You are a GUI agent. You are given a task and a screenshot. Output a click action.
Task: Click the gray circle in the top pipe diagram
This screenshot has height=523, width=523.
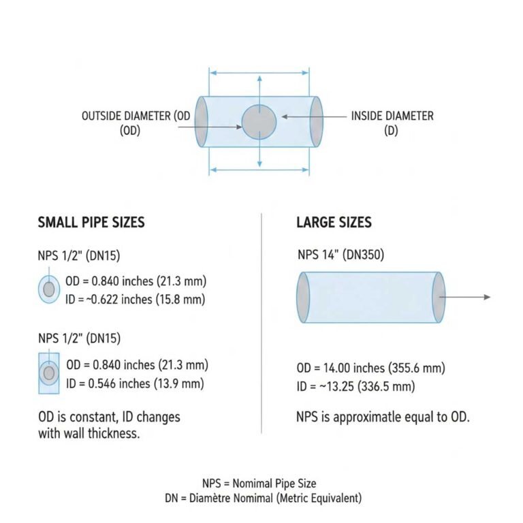pyautogui.click(x=259, y=123)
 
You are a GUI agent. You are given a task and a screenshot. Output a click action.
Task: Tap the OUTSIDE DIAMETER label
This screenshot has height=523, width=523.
pyautogui.click(x=136, y=116)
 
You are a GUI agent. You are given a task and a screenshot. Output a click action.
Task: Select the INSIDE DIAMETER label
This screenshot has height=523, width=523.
pyautogui.click(x=392, y=116)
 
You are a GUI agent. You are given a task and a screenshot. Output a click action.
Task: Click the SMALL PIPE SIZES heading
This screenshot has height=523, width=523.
pyautogui.click(x=91, y=223)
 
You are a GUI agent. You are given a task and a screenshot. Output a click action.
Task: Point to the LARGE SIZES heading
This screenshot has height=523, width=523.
pyautogui.click(x=334, y=223)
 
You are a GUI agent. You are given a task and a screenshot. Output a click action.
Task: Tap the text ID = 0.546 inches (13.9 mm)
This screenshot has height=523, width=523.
pyautogui.click(x=135, y=383)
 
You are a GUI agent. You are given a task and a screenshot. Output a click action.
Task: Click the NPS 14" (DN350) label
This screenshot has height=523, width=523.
pyautogui.click(x=341, y=256)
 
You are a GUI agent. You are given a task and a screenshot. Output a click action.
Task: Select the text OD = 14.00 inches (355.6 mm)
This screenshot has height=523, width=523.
pyautogui.click(x=370, y=368)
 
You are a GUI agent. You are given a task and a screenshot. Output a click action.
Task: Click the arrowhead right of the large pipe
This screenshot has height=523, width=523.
pyautogui.click(x=486, y=298)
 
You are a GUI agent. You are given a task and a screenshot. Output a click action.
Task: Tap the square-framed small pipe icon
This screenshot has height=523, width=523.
pyautogui.click(x=48, y=373)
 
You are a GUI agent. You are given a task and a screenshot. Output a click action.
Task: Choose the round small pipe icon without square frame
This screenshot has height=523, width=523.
pyautogui.click(x=48, y=289)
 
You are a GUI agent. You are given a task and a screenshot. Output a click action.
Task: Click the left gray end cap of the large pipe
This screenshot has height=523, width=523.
pyautogui.click(x=303, y=298)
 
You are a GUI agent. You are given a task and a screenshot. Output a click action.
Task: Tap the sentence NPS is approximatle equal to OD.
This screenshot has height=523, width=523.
pyautogui.click(x=383, y=417)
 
